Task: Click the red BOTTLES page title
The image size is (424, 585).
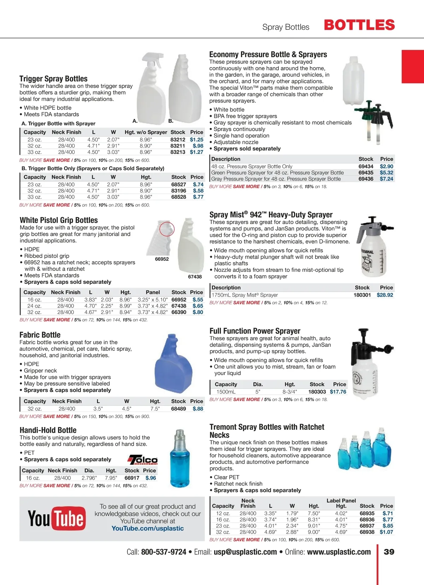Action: (359, 25)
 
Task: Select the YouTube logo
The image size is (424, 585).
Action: (57, 519)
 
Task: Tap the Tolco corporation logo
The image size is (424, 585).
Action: (143, 460)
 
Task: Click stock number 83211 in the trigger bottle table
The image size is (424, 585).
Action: (178, 146)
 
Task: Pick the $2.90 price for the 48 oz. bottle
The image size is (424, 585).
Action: (386, 166)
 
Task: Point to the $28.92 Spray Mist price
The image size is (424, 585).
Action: (385, 295)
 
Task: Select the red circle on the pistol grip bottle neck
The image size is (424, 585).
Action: (167, 229)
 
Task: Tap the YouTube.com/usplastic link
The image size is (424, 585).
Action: (148, 528)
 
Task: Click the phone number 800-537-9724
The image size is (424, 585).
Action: (164, 552)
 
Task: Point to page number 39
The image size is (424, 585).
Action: (389, 552)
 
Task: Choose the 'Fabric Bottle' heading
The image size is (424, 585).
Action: (40, 335)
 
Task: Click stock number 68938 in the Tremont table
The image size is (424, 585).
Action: (367, 532)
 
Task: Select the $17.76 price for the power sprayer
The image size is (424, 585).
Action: (338, 392)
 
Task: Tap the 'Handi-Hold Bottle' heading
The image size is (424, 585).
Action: (48, 430)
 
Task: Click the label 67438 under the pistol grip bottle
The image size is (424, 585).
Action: (195, 277)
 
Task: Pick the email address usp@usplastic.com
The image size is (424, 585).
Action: (245, 552)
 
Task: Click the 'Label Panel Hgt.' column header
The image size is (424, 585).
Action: (341, 503)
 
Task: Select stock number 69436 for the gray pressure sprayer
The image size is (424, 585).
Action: (366, 179)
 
